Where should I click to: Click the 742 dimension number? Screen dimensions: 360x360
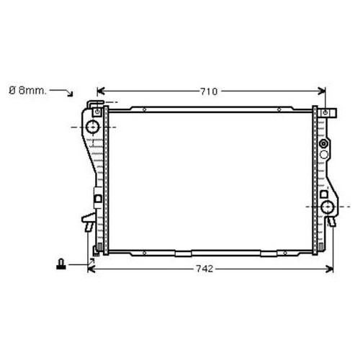tap(204, 269)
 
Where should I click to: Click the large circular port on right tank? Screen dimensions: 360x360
tap(328, 209)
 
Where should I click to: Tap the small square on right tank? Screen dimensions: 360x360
tap(323, 194)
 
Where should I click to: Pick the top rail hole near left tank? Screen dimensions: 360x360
tap(145, 110)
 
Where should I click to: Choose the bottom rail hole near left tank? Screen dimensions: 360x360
tap(145, 253)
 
